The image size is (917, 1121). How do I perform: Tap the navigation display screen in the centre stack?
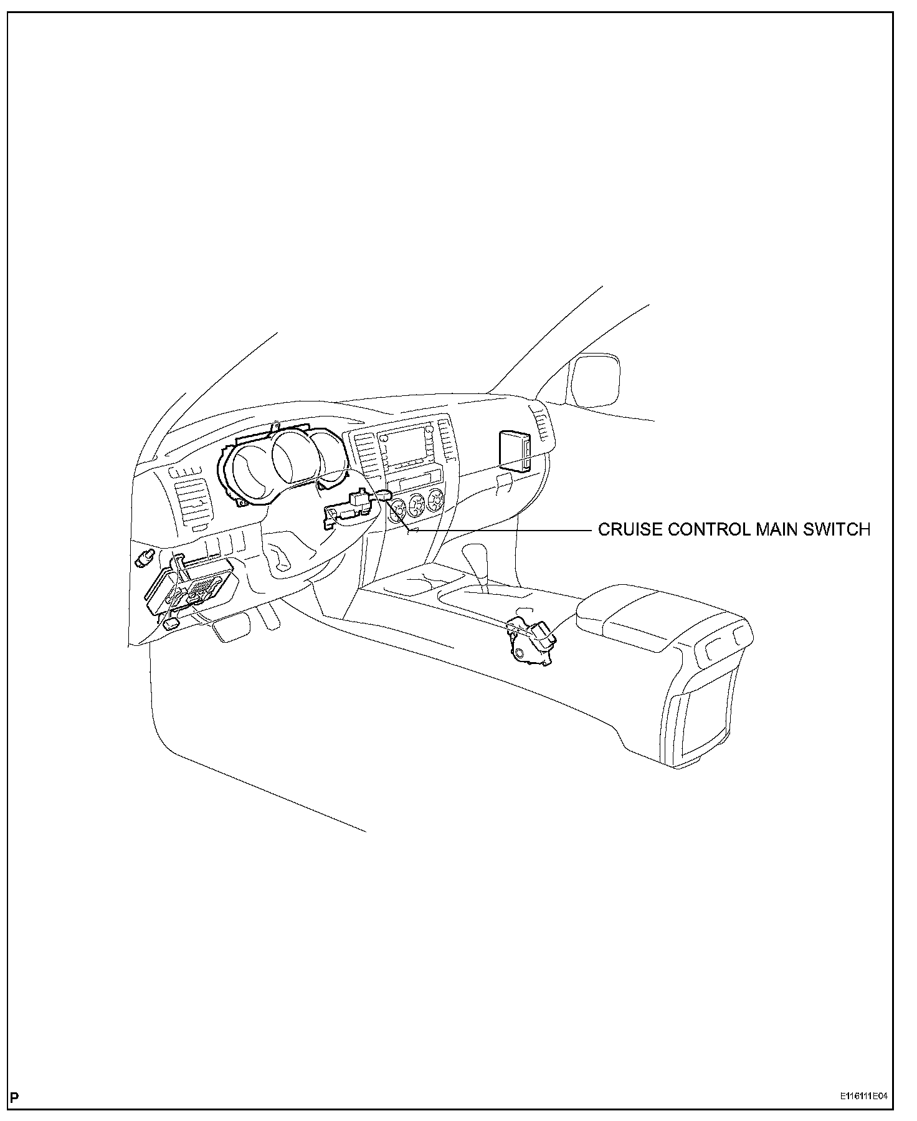point(406,447)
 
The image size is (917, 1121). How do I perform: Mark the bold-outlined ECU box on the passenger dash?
point(515,450)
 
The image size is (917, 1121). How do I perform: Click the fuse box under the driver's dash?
point(190,590)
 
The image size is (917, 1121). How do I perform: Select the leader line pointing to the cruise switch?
point(498,529)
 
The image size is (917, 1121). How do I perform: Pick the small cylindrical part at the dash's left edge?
point(145,557)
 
